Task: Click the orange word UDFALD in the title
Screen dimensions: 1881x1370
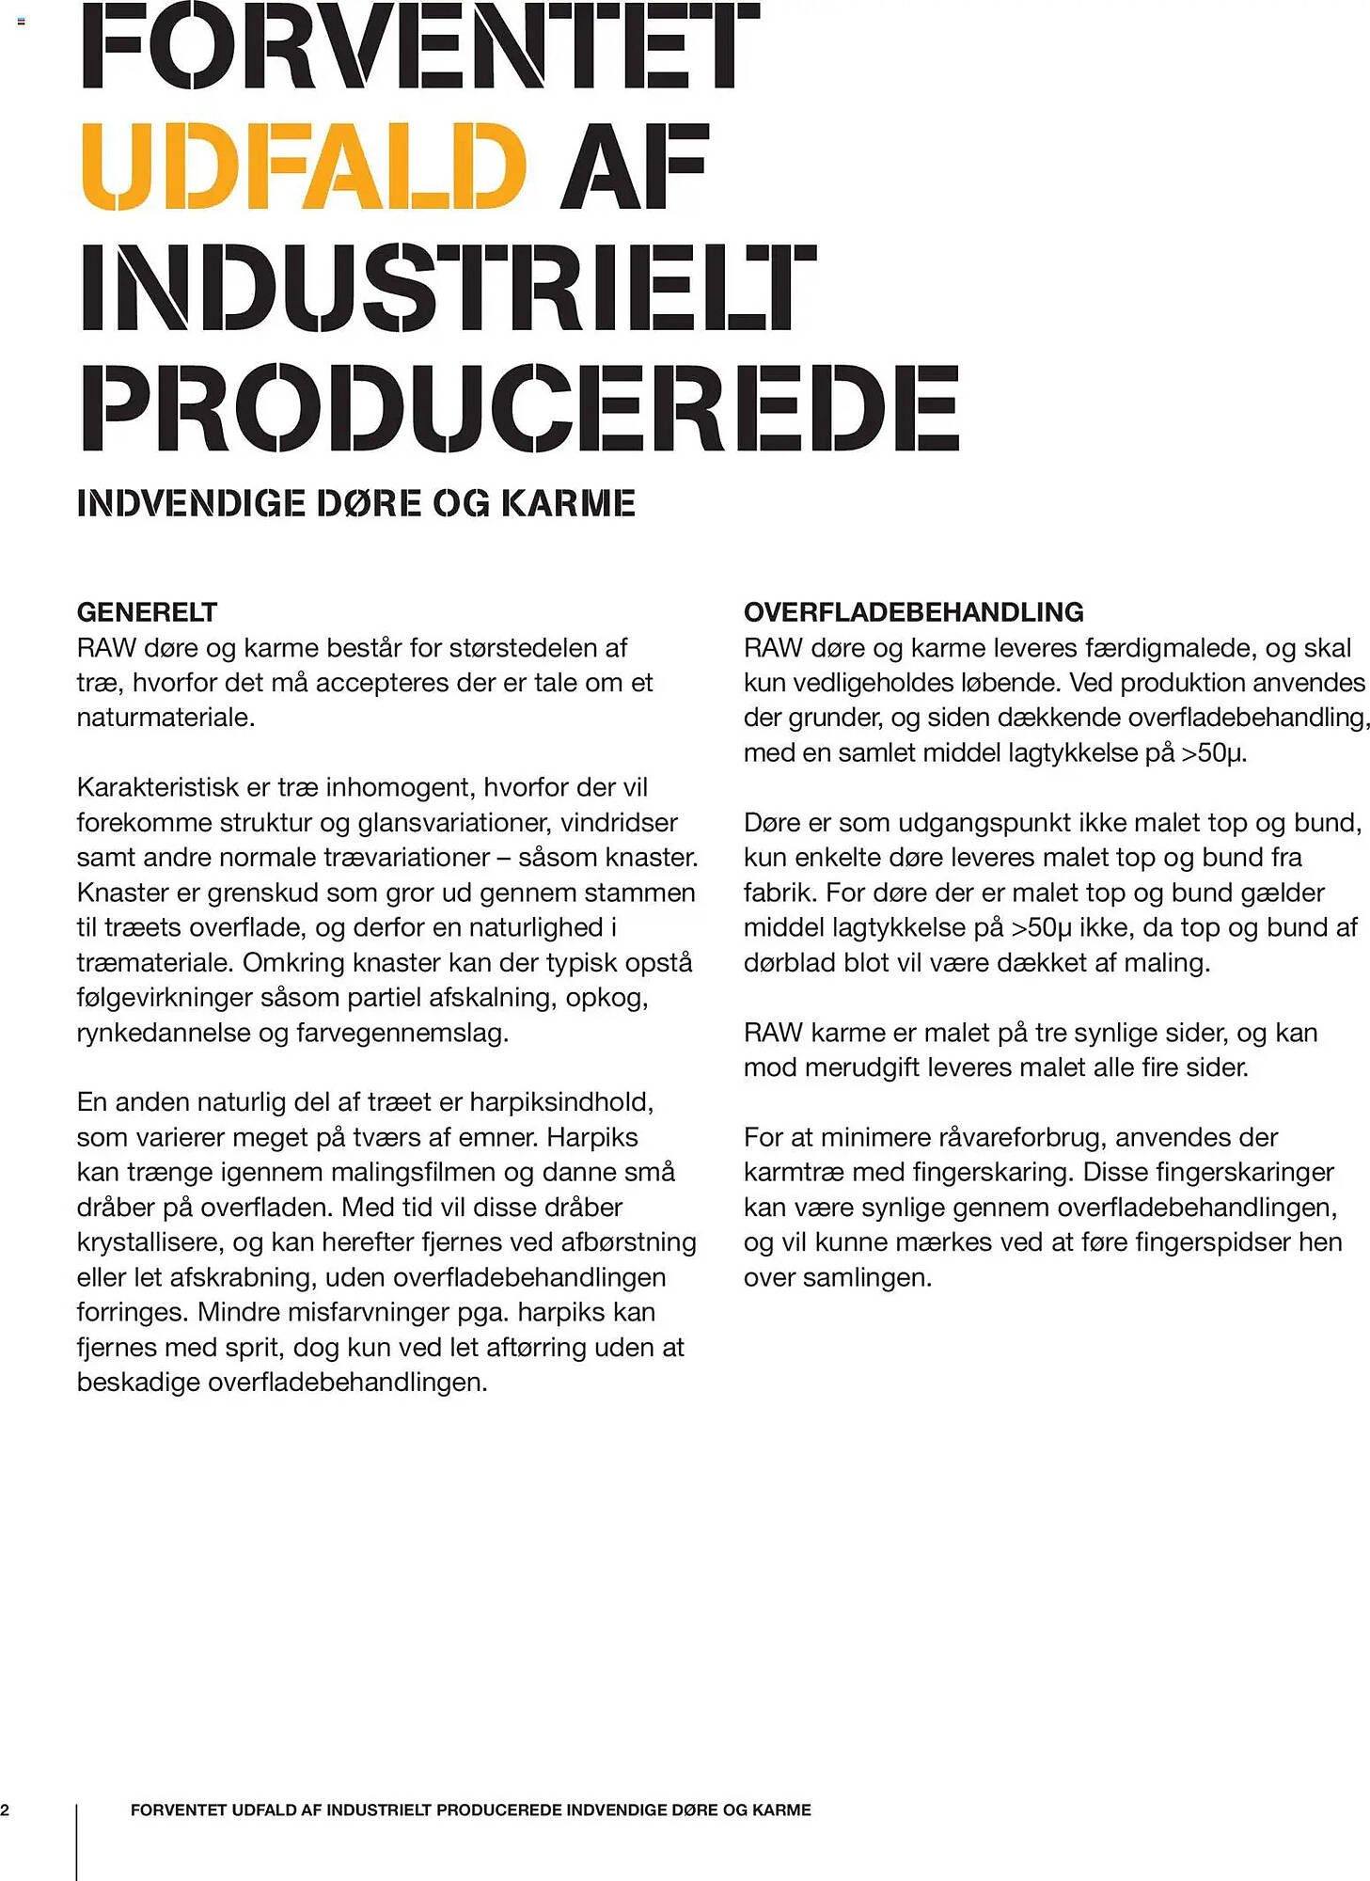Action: click(303, 166)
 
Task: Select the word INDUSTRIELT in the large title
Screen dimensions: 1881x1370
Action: click(449, 287)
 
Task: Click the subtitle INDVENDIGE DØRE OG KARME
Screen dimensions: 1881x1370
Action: click(355, 503)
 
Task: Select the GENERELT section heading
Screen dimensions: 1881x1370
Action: click(147, 612)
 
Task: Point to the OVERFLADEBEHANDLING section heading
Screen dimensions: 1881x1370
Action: click(913, 612)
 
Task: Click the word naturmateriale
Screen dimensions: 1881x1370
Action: click(165, 718)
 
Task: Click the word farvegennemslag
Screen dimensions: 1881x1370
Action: click(402, 1033)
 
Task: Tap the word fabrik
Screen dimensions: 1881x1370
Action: click(777, 893)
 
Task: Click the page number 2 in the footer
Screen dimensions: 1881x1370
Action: click(6, 1810)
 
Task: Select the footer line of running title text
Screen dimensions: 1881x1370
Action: click(470, 1810)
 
